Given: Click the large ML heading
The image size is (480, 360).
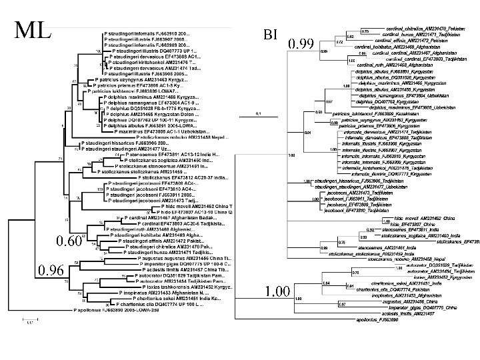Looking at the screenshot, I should click(x=34, y=29).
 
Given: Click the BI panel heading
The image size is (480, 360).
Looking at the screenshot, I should click(x=270, y=35).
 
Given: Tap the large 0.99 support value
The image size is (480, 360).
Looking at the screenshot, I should click(x=301, y=45).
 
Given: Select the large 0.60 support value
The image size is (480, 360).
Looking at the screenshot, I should click(x=68, y=240).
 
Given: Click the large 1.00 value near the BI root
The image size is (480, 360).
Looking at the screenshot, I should click(x=278, y=311).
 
